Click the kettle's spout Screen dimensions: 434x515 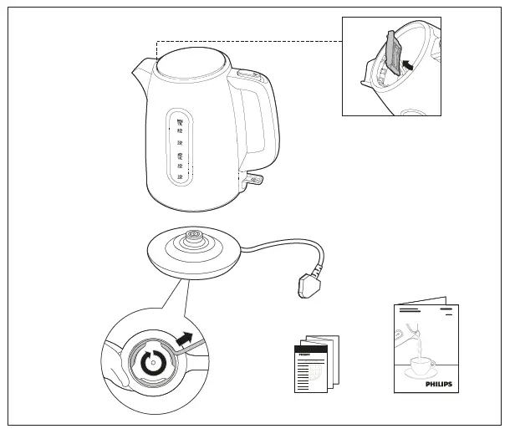pos(140,70)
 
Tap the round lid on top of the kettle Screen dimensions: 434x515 pos(192,62)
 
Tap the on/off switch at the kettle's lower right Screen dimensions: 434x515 pos(252,178)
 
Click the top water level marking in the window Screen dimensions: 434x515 pos(179,122)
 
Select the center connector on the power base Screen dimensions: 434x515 pos(194,237)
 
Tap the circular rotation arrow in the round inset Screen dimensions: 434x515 pos(151,365)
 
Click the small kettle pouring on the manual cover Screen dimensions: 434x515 pos(405,338)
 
